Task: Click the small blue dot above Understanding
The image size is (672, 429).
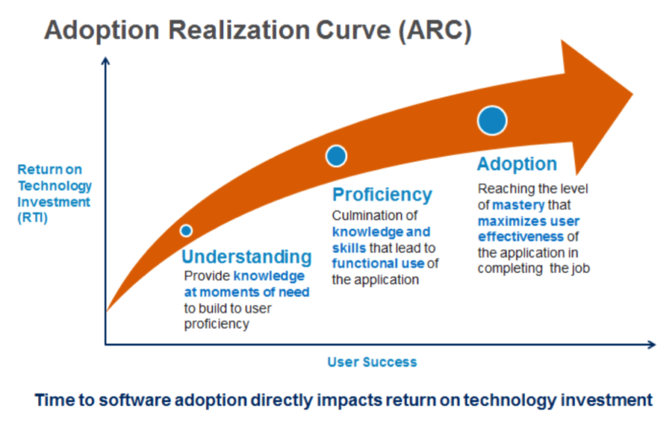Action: (x=186, y=231)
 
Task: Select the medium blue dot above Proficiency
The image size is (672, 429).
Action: (x=336, y=155)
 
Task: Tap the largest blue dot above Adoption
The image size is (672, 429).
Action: (x=492, y=121)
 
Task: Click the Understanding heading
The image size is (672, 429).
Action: (x=247, y=257)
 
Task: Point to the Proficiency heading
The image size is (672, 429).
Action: (x=383, y=195)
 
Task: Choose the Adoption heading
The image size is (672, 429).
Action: (x=517, y=164)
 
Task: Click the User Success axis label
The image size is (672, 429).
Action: (x=372, y=362)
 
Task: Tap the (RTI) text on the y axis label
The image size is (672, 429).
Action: (x=33, y=218)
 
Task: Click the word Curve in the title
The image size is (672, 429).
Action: (x=353, y=30)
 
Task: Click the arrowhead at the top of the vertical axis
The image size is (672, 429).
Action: (x=106, y=61)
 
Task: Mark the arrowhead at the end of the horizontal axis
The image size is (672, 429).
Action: (x=652, y=344)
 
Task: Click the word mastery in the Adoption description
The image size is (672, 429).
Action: (x=518, y=205)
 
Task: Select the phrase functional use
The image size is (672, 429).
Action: (x=378, y=263)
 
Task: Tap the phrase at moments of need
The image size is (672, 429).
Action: (x=247, y=293)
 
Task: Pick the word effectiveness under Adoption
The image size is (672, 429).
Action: (x=520, y=237)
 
